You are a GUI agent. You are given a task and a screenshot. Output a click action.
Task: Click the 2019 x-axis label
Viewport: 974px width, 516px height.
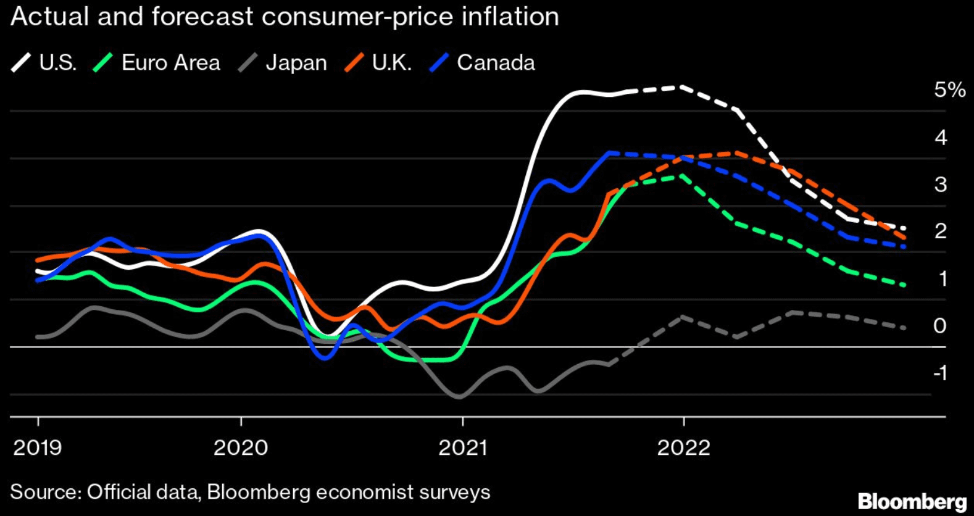click(x=38, y=447)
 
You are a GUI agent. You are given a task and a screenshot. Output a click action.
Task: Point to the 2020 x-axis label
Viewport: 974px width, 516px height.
click(x=241, y=447)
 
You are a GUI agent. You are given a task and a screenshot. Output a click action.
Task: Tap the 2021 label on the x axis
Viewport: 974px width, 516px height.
click(x=462, y=447)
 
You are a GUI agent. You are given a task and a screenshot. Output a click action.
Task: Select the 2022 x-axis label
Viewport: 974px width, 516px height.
click(x=683, y=447)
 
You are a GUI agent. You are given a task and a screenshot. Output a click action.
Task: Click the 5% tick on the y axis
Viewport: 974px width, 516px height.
click(x=949, y=90)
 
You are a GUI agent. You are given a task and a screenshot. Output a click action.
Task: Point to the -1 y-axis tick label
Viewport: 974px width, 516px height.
click(x=940, y=372)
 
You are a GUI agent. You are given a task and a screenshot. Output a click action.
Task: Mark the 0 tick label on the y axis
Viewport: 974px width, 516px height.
click(x=940, y=325)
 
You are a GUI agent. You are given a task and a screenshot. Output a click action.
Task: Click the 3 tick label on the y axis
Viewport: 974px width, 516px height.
click(x=940, y=184)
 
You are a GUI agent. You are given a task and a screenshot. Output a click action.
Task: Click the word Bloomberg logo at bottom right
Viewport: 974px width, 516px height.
click(x=912, y=501)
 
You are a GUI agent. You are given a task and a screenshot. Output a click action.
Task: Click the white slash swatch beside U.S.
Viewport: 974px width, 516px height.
click(x=22, y=63)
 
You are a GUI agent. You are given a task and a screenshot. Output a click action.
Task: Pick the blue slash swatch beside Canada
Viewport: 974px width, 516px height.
click(x=439, y=63)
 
